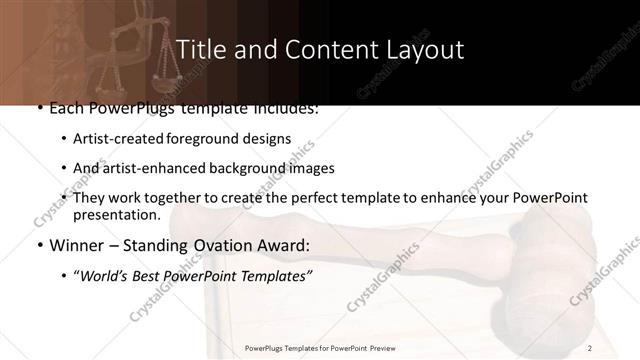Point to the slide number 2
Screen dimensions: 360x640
[x=590, y=347]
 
